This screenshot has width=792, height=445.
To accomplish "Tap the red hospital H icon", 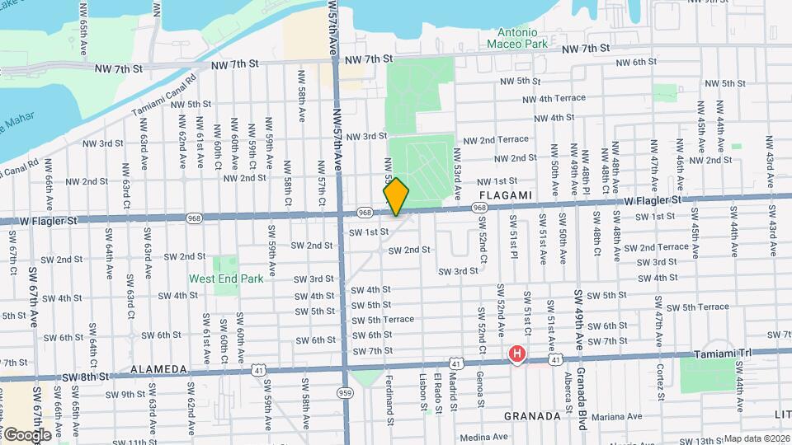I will click(x=517, y=355).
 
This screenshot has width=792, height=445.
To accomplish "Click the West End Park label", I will click(x=226, y=279).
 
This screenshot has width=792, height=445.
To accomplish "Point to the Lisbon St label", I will click(x=423, y=396).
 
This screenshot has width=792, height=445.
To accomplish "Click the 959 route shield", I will click(x=346, y=393).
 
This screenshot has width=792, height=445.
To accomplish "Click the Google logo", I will click(x=27, y=434).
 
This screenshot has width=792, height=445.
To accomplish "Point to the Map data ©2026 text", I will click(x=756, y=438).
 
